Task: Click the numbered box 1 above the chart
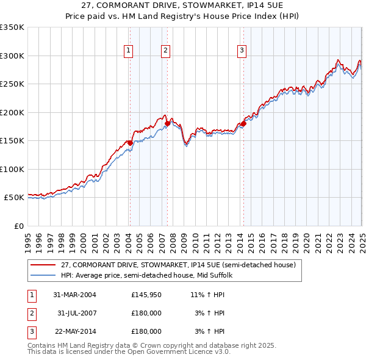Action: tap(129, 51)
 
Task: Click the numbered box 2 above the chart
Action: tap(166, 51)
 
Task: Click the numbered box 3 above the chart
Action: tap(242, 51)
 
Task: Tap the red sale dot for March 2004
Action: tap(130, 143)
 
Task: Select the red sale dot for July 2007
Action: tap(167, 124)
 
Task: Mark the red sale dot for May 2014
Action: tap(243, 124)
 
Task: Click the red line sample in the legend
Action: tap(44, 265)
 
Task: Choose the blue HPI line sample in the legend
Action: tap(44, 275)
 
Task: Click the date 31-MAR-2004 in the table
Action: tap(74, 294)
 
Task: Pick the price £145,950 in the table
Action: tap(146, 294)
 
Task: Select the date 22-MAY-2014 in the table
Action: tap(74, 332)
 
